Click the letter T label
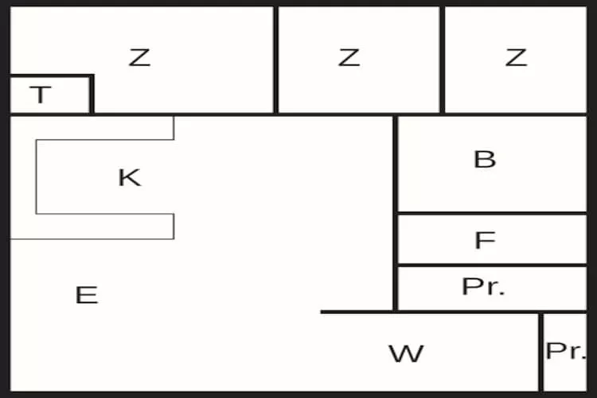(40, 95)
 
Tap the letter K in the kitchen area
(130, 178)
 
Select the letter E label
(87, 295)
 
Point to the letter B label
(485, 159)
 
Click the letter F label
(485, 240)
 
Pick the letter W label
(406, 353)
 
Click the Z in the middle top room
(349, 57)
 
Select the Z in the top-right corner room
(516, 57)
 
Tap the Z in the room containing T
(139, 57)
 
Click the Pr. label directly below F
(483, 287)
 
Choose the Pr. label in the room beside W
(566, 350)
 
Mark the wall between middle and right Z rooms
(442, 60)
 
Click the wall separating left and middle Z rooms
(275, 60)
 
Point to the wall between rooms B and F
(492, 213)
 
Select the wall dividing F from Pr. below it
(492, 265)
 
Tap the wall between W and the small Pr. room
(540, 352)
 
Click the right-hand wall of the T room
(92, 94)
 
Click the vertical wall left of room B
(396, 213)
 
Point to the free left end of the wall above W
(322, 312)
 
